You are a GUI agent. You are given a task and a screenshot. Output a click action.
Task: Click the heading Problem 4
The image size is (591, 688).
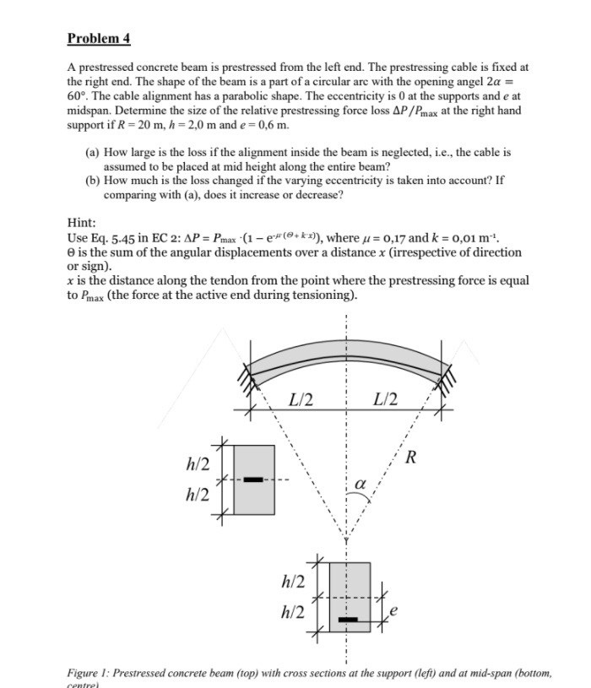pos(99,39)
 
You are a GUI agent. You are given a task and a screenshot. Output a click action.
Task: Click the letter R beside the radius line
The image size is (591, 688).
pos(410,458)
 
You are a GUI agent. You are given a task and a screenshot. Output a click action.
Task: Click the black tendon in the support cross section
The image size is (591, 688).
pos(253,479)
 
